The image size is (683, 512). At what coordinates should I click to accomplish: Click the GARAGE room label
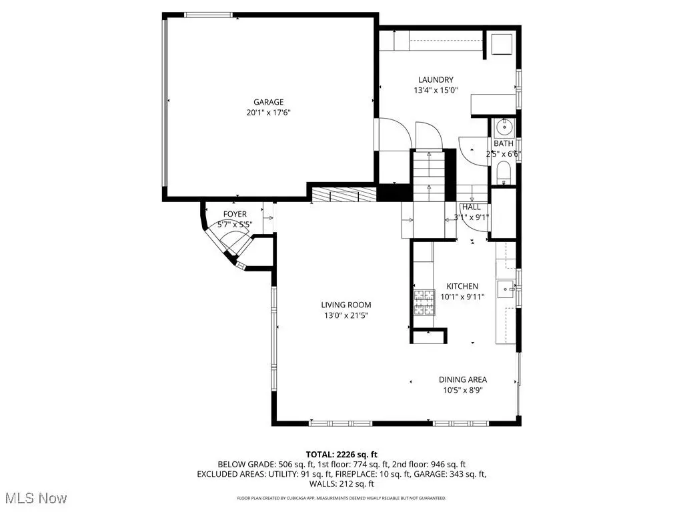(268, 102)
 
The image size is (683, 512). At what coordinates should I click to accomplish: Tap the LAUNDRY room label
(436, 80)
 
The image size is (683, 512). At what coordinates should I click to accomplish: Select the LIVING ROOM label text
(346, 305)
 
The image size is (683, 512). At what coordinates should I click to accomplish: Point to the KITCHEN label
(462, 286)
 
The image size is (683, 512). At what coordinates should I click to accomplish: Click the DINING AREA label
(463, 379)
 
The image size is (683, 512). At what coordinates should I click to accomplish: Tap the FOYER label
(235, 214)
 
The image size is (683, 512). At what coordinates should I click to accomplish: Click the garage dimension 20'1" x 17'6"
(268, 113)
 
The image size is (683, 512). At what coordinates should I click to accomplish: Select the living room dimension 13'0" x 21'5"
(346, 315)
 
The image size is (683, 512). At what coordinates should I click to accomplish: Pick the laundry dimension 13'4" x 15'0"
(436, 91)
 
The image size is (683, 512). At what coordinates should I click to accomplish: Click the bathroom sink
(505, 127)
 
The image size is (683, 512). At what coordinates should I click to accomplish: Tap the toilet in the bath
(504, 173)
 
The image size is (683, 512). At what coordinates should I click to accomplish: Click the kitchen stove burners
(424, 302)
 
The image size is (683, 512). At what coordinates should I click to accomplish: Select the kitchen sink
(506, 289)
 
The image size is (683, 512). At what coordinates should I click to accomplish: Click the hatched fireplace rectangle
(344, 195)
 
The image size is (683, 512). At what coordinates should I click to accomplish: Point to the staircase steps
(429, 175)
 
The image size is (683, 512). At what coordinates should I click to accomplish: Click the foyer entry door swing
(235, 243)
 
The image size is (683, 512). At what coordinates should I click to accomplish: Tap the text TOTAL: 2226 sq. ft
(341, 455)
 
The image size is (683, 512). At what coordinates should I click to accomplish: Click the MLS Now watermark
(33, 498)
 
